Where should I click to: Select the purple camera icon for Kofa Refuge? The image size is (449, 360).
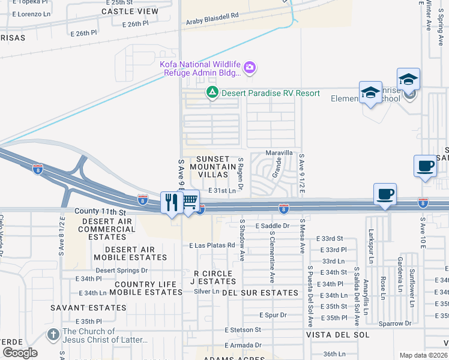[x=250, y=68]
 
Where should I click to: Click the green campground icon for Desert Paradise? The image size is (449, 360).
[x=211, y=92]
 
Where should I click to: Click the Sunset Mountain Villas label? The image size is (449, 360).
[x=209, y=166]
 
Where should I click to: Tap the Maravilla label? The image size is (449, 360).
[x=279, y=153]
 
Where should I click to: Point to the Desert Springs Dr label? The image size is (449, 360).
[x=122, y=270]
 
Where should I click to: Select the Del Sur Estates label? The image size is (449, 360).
[x=260, y=293]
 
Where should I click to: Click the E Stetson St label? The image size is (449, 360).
[x=243, y=329]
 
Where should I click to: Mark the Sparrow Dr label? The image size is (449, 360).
[x=395, y=323]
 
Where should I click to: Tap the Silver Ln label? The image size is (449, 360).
[x=206, y=291]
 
